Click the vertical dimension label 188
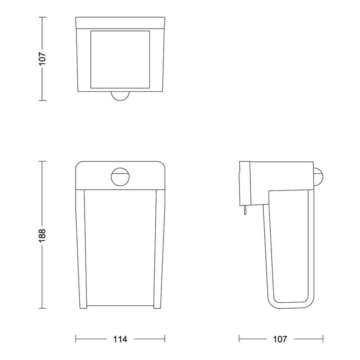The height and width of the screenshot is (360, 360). click(43, 235)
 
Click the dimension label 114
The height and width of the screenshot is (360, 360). click(120, 339)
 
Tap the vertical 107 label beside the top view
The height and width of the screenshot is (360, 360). click(43, 59)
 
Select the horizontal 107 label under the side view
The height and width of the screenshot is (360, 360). click(280, 339)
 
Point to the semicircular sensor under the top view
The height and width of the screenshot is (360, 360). click(120, 96)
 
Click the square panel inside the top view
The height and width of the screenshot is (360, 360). click(120, 59)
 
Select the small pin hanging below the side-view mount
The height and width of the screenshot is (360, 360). click(245, 210)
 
